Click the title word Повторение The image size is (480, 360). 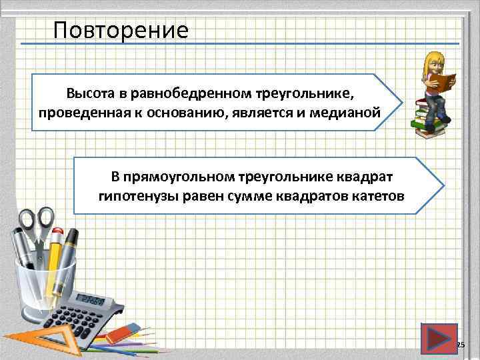pyautogui.click(x=121, y=30)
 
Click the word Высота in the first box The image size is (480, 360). pyautogui.click(x=86, y=91)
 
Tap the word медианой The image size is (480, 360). pyautogui.click(x=346, y=111)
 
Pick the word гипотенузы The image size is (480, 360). pyautogui.click(x=129, y=196)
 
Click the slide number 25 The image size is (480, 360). pyautogui.click(x=460, y=344)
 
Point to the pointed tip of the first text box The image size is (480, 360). pyautogui.click(x=402, y=102)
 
